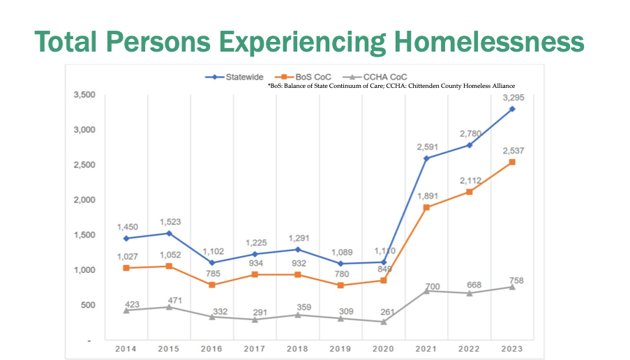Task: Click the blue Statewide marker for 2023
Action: (x=512, y=109)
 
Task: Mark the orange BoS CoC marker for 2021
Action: (x=426, y=207)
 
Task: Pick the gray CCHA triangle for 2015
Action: (x=169, y=307)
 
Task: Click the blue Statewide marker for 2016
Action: (x=212, y=262)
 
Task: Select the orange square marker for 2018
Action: (x=298, y=275)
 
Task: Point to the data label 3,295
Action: (x=513, y=98)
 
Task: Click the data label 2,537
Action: (x=513, y=151)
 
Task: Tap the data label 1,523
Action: (x=170, y=222)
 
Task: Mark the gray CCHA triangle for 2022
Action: (x=469, y=293)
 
